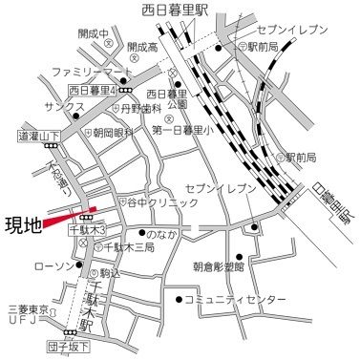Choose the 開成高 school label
click(x=141, y=46)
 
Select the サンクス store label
click(x=45, y=107)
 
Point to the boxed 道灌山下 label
click(x=37, y=137)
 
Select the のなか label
click(x=163, y=232)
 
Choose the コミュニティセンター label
click(x=234, y=300)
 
